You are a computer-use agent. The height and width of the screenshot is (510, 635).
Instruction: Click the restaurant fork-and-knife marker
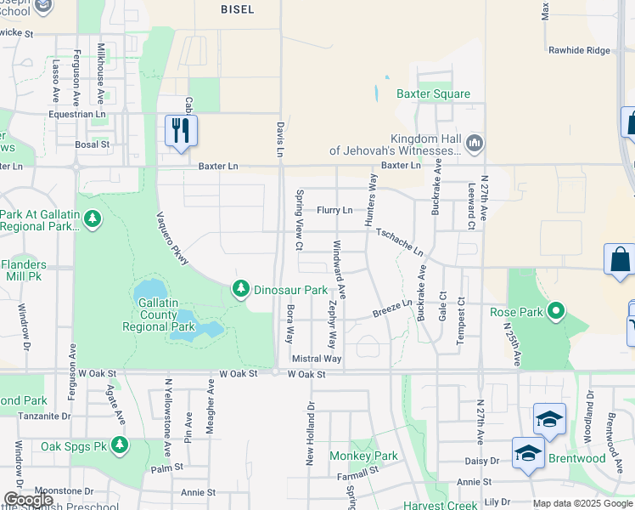181,130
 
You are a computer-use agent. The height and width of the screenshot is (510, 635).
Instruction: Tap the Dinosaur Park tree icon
242,290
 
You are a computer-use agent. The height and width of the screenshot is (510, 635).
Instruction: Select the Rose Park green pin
556,311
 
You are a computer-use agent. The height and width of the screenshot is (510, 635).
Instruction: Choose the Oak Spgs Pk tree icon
120,445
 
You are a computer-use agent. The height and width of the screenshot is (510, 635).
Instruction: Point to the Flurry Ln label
334,209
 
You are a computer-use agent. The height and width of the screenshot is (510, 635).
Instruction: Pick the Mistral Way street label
316,360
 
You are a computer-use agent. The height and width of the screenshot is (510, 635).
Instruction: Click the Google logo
28,500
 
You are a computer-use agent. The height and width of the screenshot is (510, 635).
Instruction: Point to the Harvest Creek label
434,504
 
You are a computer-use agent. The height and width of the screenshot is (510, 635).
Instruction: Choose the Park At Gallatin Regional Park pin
93,221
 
